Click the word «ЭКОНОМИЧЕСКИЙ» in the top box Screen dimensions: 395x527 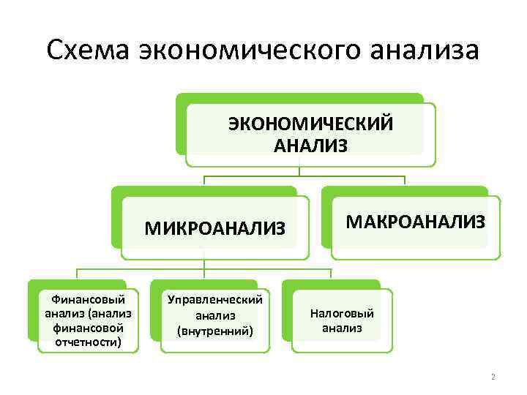311,124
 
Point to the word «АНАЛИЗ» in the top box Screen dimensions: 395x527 311,146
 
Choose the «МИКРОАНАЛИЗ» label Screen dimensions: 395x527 214,229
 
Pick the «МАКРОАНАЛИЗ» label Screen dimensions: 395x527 416,222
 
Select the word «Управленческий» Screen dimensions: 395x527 215,299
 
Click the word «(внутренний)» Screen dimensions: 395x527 215,331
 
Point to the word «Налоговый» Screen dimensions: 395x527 342,313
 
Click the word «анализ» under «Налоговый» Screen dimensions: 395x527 342,328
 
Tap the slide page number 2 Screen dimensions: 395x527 493,377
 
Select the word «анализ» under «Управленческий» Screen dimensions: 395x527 215,315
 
